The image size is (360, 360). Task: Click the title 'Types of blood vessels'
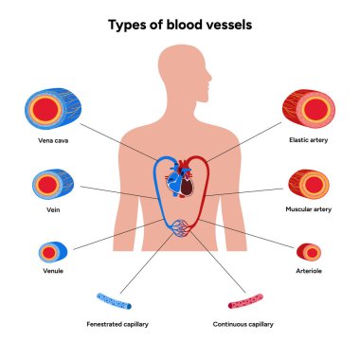179,23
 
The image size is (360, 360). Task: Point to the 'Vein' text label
48,211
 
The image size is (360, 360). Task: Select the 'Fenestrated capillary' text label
117,323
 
